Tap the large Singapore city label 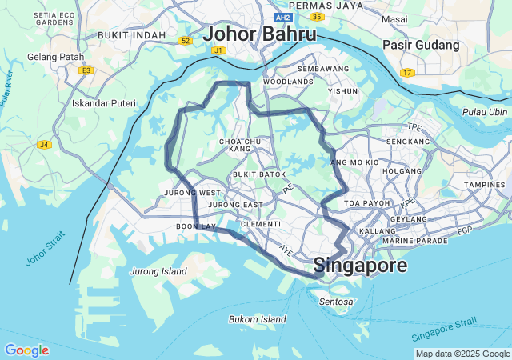[360, 265]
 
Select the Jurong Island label [158, 271]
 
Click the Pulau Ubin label [486, 112]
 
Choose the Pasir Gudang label [421, 46]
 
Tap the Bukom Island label [257, 319]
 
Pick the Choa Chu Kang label [240, 145]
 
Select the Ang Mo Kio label [354, 162]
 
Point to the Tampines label [485, 185]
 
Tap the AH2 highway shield [282, 17]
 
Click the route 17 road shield [408, 73]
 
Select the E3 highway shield [86, 70]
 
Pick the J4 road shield [44, 145]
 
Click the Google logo [26, 350]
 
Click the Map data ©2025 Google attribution [462, 354]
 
